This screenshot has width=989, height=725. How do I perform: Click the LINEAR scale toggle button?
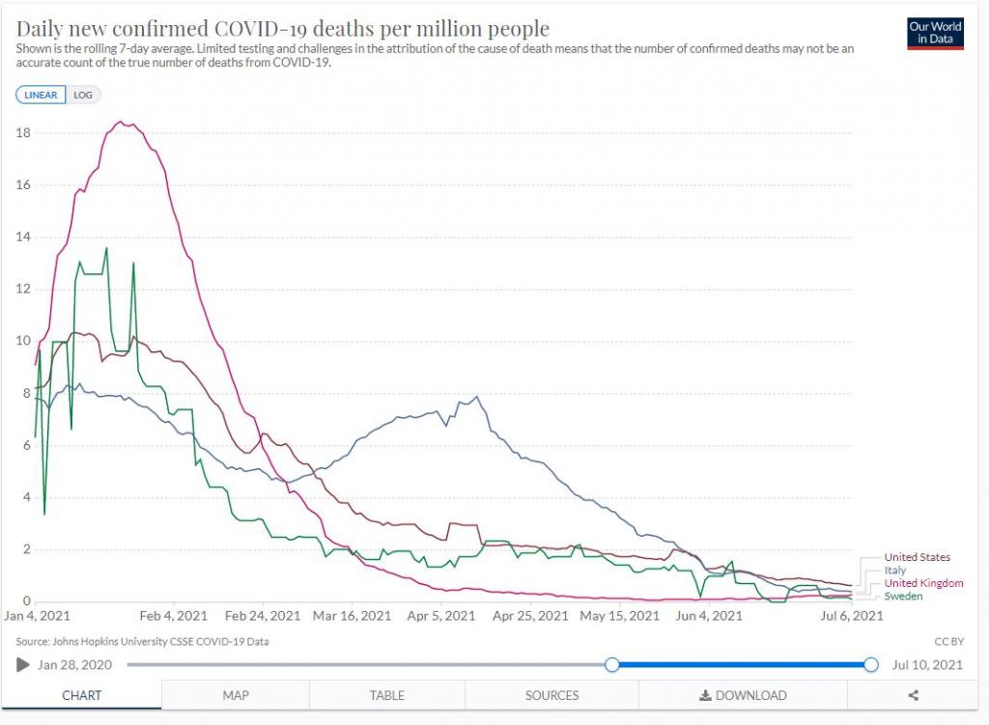click(x=42, y=95)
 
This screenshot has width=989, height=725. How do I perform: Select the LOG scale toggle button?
click(x=84, y=95)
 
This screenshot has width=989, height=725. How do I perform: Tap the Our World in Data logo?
click(x=935, y=33)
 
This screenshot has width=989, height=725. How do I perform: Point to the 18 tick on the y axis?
click(x=23, y=133)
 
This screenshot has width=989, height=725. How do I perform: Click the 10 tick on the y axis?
click(x=23, y=341)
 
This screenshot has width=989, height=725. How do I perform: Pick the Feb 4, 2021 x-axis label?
click(x=174, y=616)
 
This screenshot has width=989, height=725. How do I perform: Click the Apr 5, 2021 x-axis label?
click(x=441, y=616)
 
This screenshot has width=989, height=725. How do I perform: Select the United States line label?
click(x=917, y=557)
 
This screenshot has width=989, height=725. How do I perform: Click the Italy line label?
click(x=895, y=571)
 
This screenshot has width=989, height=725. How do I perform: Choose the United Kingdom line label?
click(x=923, y=583)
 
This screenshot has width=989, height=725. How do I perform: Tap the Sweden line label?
click(x=903, y=597)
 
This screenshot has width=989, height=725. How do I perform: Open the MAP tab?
click(x=236, y=695)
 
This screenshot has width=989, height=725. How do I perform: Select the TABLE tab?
click(x=386, y=695)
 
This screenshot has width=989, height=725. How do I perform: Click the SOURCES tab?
click(x=551, y=695)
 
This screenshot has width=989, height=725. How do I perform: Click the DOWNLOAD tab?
click(x=743, y=695)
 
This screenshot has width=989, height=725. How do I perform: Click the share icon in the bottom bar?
click(x=914, y=695)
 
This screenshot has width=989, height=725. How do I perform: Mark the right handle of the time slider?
click(x=871, y=664)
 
